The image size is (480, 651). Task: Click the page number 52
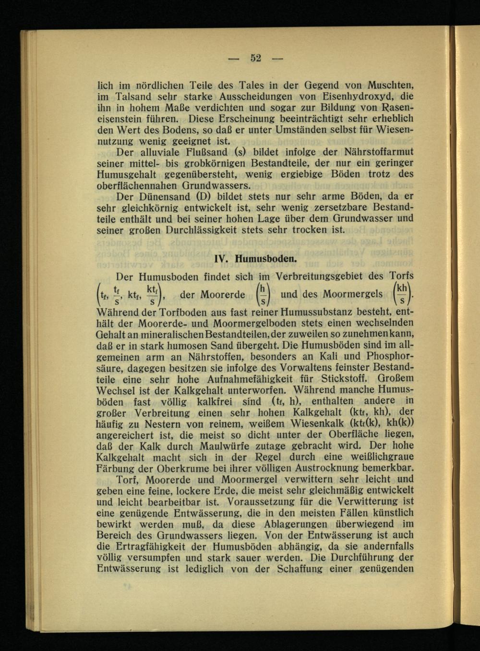(x=255, y=59)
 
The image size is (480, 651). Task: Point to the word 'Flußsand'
(x=201, y=152)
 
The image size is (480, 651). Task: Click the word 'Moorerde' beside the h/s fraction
(x=222, y=294)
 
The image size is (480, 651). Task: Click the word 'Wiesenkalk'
(x=319, y=424)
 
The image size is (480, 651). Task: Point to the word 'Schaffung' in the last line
(x=300, y=569)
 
